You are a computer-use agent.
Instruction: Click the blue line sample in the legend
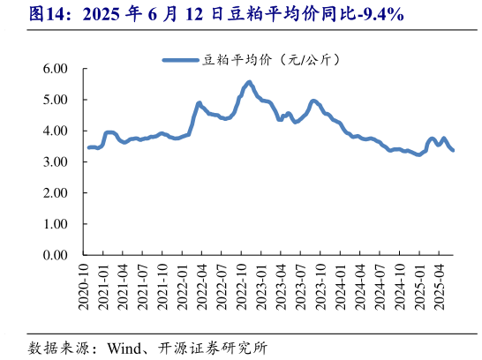pyautogui.click(x=181, y=60)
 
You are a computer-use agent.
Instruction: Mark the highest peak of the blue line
pyautogui.click(x=249, y=82)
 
